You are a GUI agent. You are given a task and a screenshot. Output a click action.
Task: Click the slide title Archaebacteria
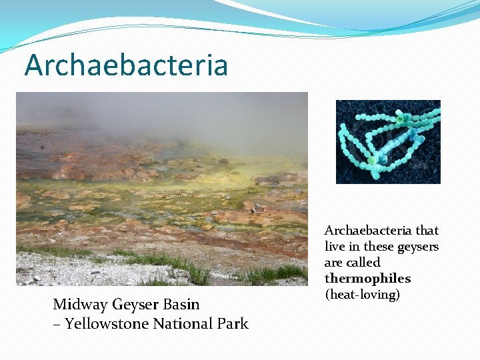click(126, 65)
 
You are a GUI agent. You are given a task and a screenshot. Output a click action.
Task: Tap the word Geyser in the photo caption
click(136, 305)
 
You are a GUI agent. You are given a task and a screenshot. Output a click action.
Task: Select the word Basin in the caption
click(182, 305)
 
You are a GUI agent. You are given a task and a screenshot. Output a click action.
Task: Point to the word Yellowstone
click(106, 324)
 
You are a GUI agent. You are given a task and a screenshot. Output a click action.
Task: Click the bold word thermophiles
click(367, 279)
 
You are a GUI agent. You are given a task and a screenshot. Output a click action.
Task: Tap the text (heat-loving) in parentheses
click(362, 295)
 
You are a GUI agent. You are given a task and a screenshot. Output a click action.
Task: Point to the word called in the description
click(363, 263)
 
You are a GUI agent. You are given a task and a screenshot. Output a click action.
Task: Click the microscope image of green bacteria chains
click(388, 141)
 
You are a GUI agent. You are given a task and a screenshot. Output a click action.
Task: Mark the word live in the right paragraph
click(335, 247)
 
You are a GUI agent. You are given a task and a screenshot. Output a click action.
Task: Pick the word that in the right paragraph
click(427, 231)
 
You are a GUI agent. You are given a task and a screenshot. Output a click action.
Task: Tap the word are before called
click(334, 263)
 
